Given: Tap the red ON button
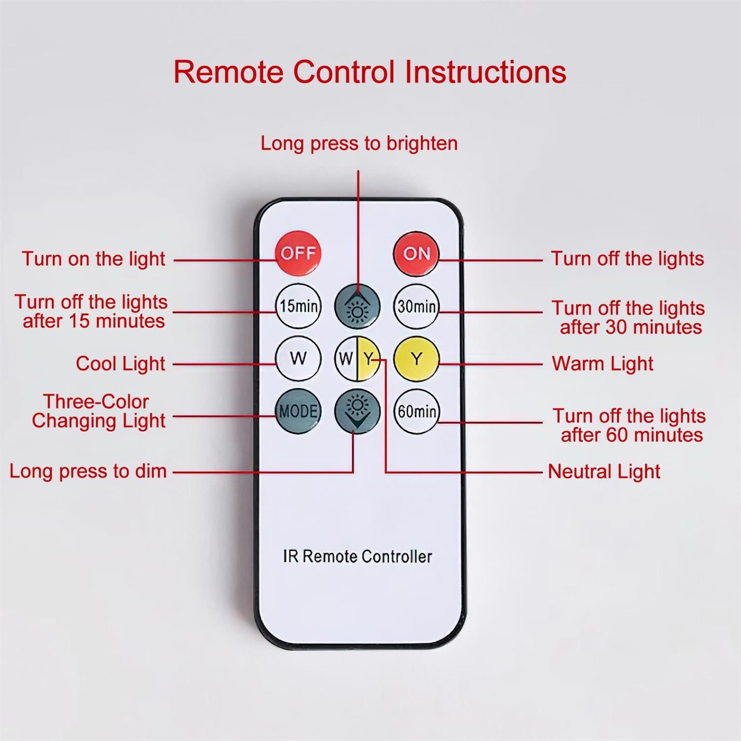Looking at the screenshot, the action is pyautogui.click(x=416, y=253).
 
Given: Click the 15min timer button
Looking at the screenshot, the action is pyautogui.click(x=298, y=306).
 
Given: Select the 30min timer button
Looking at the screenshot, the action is pyautogui.click(x=416, y=307).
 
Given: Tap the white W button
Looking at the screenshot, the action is pyautogui.click(x=298, y=359).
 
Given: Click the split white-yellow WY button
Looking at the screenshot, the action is pyautogui.click(x=357, y=359).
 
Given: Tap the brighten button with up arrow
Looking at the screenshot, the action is pyautogui.click(x=357, y=307).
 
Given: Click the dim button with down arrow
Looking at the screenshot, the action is pyautogui.click(x=357, y=411).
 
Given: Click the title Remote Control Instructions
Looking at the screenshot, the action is pyautogui.click(x=370, y=72).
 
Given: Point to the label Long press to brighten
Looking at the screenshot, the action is pyautogui.click(x=359, y=144).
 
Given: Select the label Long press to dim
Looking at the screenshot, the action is pyautogui.click(x=88, y=471).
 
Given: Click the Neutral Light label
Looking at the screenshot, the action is pyautogui.click(x=604, y=471).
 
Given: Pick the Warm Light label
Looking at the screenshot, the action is pyautogui.click(x=603, y=364).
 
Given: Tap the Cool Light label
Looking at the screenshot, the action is pyautogui.click(x=121, y=364).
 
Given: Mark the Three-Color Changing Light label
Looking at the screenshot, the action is pyautogui.click(x=98, y=411).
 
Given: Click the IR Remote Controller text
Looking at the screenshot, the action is pyautogui.click(x=357, y=556).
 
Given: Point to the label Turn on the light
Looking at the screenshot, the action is pyautogui.click(x=93, y=259).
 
